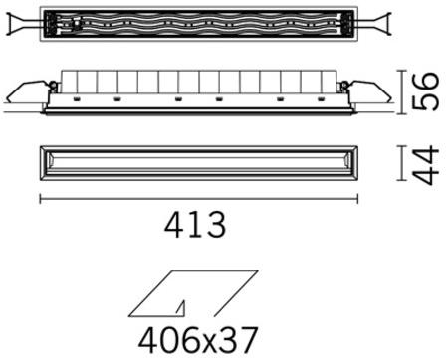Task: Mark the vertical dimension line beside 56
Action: (402, 91)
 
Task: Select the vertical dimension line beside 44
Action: (402, 164)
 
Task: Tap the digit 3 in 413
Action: (216, 226)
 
